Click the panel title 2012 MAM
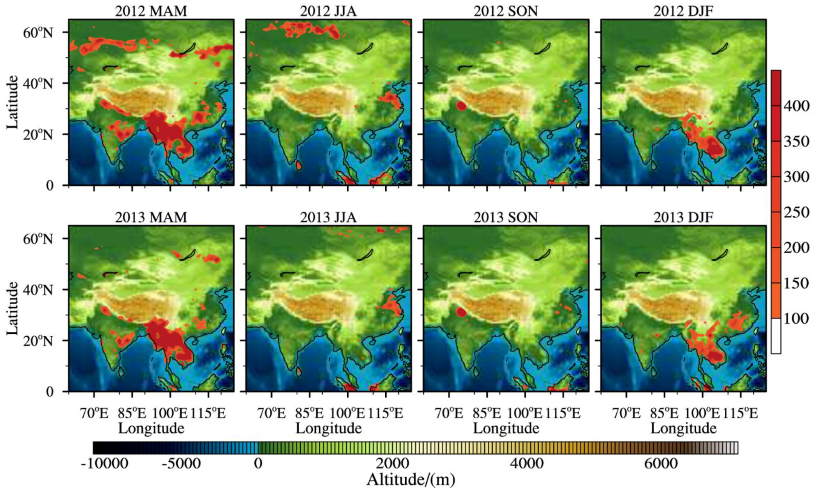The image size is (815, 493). [x=151, y=11]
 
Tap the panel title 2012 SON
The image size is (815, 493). [x=506, y=11]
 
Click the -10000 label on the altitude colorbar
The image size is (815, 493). [x=105, y=464]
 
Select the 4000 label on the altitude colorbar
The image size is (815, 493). [x=527, y=464]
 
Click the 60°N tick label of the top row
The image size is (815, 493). [x=38, y=33]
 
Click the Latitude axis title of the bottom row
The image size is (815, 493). [x=12, y=308]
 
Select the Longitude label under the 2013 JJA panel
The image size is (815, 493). [x=328, y=428]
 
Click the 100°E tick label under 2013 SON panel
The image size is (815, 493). [x=525, y=413]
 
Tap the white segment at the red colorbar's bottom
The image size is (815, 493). [x=776, y=336]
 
